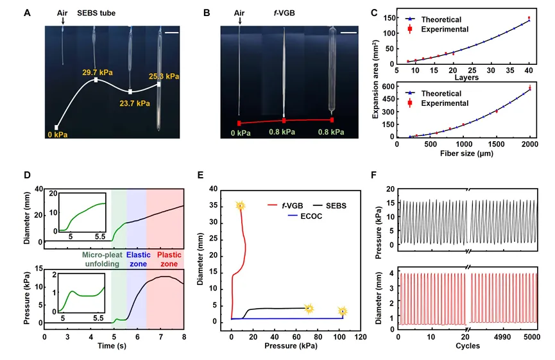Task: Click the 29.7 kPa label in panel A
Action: (x=98, y=73)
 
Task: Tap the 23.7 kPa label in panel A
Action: (x=135, y=103)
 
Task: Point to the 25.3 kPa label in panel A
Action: (x=164, y=76)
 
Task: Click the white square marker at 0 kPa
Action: (x=56, y=128)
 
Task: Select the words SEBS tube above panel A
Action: (x=96, y=13)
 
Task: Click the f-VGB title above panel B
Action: (x=284, y=13)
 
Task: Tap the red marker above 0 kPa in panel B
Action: (x=239, y=123)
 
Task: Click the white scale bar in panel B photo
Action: (x=348, y=33)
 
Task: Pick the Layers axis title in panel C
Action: (x=466, y=77)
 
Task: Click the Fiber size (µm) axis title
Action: (x=466, y=153)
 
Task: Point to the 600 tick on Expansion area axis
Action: (x=388, y=87)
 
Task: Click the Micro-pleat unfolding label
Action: (x=102, y=259)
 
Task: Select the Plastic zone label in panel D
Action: (x=169, y=259)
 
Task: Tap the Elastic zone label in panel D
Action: (x=139, y=259)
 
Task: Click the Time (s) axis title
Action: (x=112, y=346)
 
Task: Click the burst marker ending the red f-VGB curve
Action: (x=241, y=205)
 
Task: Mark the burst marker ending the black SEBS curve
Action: (x=309, y=309)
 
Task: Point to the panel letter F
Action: (x=374, y=175)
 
